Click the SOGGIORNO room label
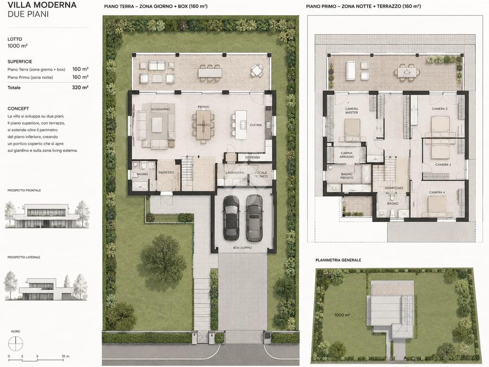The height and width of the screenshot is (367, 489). pyautogui.click(x=160, y=109)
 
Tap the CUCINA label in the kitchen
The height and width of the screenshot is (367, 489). pyautogui.click(x=256, y=125)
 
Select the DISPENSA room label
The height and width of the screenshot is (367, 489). pyautogui.click(x=253, y=158)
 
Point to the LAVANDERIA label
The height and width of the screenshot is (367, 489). pyautogui.click(x=235, y=173)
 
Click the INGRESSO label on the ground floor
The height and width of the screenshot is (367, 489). pyautogui.click(x=166, y=173)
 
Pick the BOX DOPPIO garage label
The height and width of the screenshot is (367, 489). pyautogui.click(x=243, y=248)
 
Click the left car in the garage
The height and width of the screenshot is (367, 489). pyautogui.click(x=231, y=218)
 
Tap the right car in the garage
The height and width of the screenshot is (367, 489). pyautogui.click(x=254, y=218)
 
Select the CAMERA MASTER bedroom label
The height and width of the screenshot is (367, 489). pyautogui.click(x=351, y=110)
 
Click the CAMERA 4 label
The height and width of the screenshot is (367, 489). pyautogui.click(x=437, y=193)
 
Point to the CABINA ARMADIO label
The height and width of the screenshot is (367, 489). pyautogui.click(x=347, y=155)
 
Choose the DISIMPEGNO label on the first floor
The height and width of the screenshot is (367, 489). pyautogui.click(x=393, y=188)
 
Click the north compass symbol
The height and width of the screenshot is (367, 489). pyautogui.click(x=16, y=344)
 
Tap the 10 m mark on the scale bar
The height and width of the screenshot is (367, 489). pyautogui.click(x=65, y=356)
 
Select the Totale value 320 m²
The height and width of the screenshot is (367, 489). pyautogui.click(x=80, y=87)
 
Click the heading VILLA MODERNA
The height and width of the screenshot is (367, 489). pyautogui.click(x=42, y=5)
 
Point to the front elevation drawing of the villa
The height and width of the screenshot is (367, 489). pyautogui.click(x=47, y=215)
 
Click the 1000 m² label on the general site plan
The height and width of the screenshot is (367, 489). pyautogui.click(x=342, y=315)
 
